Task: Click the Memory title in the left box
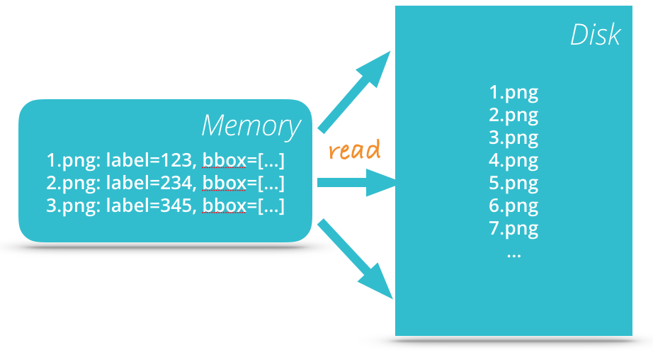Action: tap(251, 126)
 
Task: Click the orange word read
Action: tap(354, 150)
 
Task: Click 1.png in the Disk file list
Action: tap(513, 92)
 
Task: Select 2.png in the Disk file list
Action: tap(513, 115)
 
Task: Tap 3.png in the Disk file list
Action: tap(513, 137)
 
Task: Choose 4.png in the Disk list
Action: tap(513, 160)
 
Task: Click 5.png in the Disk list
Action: tap(513, 183)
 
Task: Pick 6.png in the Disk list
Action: tap(513, 206)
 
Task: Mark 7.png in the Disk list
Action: tap(513, 229)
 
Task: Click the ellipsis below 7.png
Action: tap(513, 253)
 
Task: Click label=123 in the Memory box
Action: tap(152, 160)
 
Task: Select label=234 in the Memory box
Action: tap(152, 184)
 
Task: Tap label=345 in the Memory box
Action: tap(152, 206)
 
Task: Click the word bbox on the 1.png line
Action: tap(224, 160)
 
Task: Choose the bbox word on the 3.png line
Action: tap(224, 206)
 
